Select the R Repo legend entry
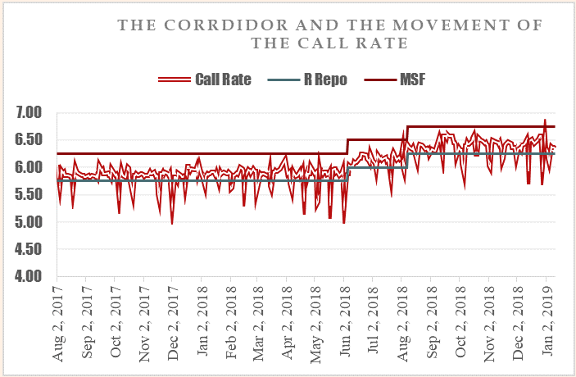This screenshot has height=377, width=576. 328,79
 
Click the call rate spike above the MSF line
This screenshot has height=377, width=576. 545,120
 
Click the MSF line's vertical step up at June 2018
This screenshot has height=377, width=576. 348,147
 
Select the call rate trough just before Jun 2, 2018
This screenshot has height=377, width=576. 344,222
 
